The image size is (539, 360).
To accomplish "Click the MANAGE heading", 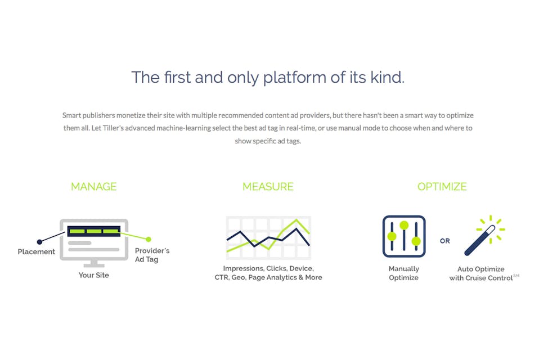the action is pyautogui.click(x=94, y=187).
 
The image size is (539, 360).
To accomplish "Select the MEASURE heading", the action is pyautogui.click(x=268, y=187).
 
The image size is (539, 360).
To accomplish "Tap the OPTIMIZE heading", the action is pyautogui.click(x=442, y=187).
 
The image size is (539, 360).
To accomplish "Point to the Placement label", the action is pyautogui.click(x=37, y=252).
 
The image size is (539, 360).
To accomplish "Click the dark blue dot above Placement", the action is pyautogui.click(x=39, y=242).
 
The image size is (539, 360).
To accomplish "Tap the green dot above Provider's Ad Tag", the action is pyautogui.click(x=149, y=239).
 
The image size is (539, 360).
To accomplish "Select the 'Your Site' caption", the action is pyautogui.click(x=93, y=275).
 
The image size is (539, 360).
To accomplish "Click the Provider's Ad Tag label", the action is pyautogui.click(x=152, y=255).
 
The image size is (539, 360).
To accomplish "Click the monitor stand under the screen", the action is pyautogui.click(x=94, y=263).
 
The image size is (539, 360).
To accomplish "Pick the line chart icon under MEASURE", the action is pyautogui.click(x=268, y=238).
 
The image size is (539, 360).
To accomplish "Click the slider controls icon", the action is pyautogui.click(x=404, y=236).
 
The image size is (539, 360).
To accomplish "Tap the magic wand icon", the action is pyautogui.click(x=484, y=236).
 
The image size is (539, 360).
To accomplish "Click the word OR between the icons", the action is pyautogui.click(x=445, y=241).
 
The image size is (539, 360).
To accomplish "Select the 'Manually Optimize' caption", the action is pyautogui.click(x=404, y=273).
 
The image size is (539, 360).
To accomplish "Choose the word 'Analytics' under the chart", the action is pyautogui.click(x=282, y=277).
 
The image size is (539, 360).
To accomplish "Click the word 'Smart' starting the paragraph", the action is pyautogui.click(x=71, y=115).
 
